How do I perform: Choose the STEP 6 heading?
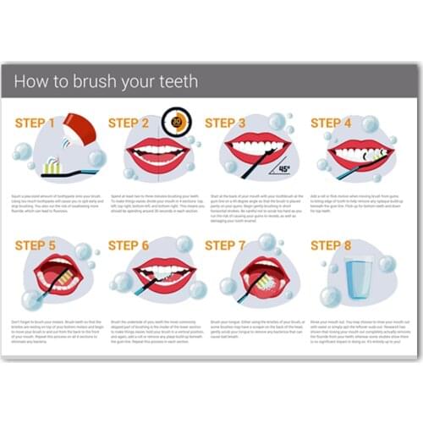click(128, 246)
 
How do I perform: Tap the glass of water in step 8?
click(359, 278)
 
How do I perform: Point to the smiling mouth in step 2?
click(157, 156)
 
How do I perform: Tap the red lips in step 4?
click(360, 154)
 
